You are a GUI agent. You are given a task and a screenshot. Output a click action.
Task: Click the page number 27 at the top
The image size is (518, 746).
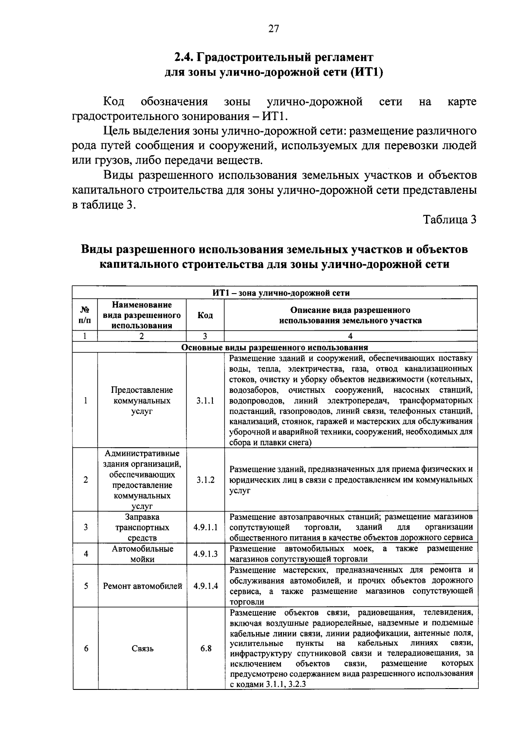pyautogui.click(x=274, y=29)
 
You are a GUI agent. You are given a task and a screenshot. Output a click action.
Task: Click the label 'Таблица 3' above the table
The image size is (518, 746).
pyautogui.click(x=450, y=220)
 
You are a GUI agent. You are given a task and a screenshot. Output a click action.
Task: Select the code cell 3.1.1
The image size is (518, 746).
pyautogui.click(x=205, y=401)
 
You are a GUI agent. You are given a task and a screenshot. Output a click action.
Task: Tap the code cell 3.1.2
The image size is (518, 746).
pyautogui.click(x=205, y=480)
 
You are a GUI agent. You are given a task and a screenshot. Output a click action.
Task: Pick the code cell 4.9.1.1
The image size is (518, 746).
pyautogui.click(x=205, y=527)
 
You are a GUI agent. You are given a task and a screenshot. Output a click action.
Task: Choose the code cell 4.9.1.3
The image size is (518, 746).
pyautogui.click(x=205, y=554)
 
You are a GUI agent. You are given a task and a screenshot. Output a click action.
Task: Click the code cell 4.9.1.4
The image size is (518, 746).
pyautogui.click(x=205, y=586)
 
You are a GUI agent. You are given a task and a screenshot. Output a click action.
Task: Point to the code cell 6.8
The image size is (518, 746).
pyautogui.click(x=205, y=648)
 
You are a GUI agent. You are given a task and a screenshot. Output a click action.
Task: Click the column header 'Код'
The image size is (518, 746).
pyautogui.click(x=205, y=315)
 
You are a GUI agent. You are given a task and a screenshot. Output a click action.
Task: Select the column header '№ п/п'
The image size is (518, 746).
pyautogui.click(x=85, y=315)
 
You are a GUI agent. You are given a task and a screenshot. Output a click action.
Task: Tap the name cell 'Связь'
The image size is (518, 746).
pyautogui.click(x=142, y=648)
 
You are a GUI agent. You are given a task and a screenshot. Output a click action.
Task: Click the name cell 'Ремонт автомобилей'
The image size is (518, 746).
pyautogui.click(x=142, y=586)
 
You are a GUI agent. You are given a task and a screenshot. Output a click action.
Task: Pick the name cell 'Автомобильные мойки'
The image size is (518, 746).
pyautogui.click(x=142, y=554)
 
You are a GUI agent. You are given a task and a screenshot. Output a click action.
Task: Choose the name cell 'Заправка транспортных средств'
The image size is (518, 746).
pyautogui.click(x=142, y=527)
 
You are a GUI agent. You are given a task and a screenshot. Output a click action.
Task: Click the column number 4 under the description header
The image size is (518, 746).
pyautogui.click(x=350, y=336)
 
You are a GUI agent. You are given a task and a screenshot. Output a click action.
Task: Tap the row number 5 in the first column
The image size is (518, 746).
pyautogui.click(x=85, y=586)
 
